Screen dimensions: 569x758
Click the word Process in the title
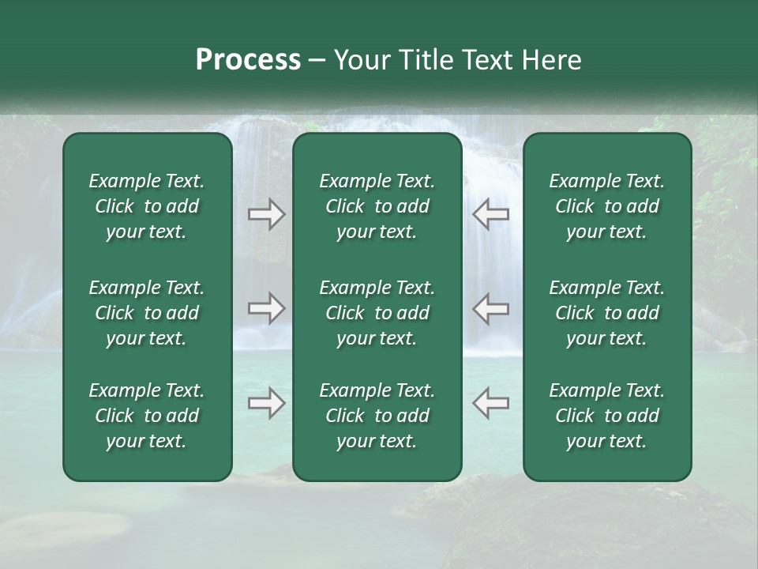248,60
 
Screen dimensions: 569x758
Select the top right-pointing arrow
267,214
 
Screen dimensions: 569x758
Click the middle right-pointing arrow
267,308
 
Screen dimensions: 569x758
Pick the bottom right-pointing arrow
267,403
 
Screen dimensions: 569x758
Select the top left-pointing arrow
490,214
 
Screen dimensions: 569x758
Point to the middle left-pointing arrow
490,308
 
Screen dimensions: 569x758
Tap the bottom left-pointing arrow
490,403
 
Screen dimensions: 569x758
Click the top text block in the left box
147,206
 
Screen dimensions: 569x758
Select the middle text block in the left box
147,313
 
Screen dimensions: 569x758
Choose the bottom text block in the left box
147,416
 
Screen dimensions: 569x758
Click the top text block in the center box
377,206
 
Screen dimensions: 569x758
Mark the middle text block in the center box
377,313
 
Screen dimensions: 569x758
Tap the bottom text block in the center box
377,416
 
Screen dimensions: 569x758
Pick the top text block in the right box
606,206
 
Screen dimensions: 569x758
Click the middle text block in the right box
606,313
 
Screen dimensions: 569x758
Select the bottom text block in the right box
606,416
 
